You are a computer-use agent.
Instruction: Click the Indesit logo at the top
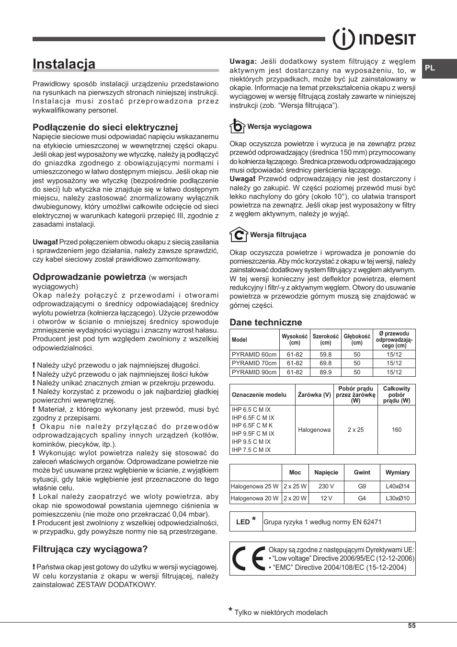coord(374,39)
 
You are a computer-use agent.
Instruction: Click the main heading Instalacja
coord(64,64)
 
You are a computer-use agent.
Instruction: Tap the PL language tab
coord(430,68)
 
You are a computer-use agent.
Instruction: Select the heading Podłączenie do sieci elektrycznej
coord(105,127)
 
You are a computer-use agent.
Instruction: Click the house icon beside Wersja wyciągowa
coord(237,126)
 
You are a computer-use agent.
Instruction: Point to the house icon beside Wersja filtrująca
coord(238,235)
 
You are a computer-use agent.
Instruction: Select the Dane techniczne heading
coord(265,322)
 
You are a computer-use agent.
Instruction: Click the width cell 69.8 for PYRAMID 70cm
coord(325,363)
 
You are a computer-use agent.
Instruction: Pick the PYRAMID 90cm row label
coord(254,372)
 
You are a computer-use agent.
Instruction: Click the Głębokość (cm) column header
coord(357,339)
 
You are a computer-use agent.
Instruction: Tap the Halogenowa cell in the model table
coord(314,430)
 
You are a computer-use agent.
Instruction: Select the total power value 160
coord(396,430)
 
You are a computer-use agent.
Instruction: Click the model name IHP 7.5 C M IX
coord(251,450)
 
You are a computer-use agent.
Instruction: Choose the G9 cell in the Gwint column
coord(362,486)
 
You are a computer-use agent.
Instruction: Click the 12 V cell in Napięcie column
coord(326,498)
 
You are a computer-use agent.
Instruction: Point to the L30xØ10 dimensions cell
coord(398,498)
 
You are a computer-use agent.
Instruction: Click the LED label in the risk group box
coord(243,522)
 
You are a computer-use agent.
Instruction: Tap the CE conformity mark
coord(248,559)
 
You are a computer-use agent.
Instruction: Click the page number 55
coord(412,626)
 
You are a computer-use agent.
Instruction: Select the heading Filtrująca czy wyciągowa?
coord(90,549)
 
